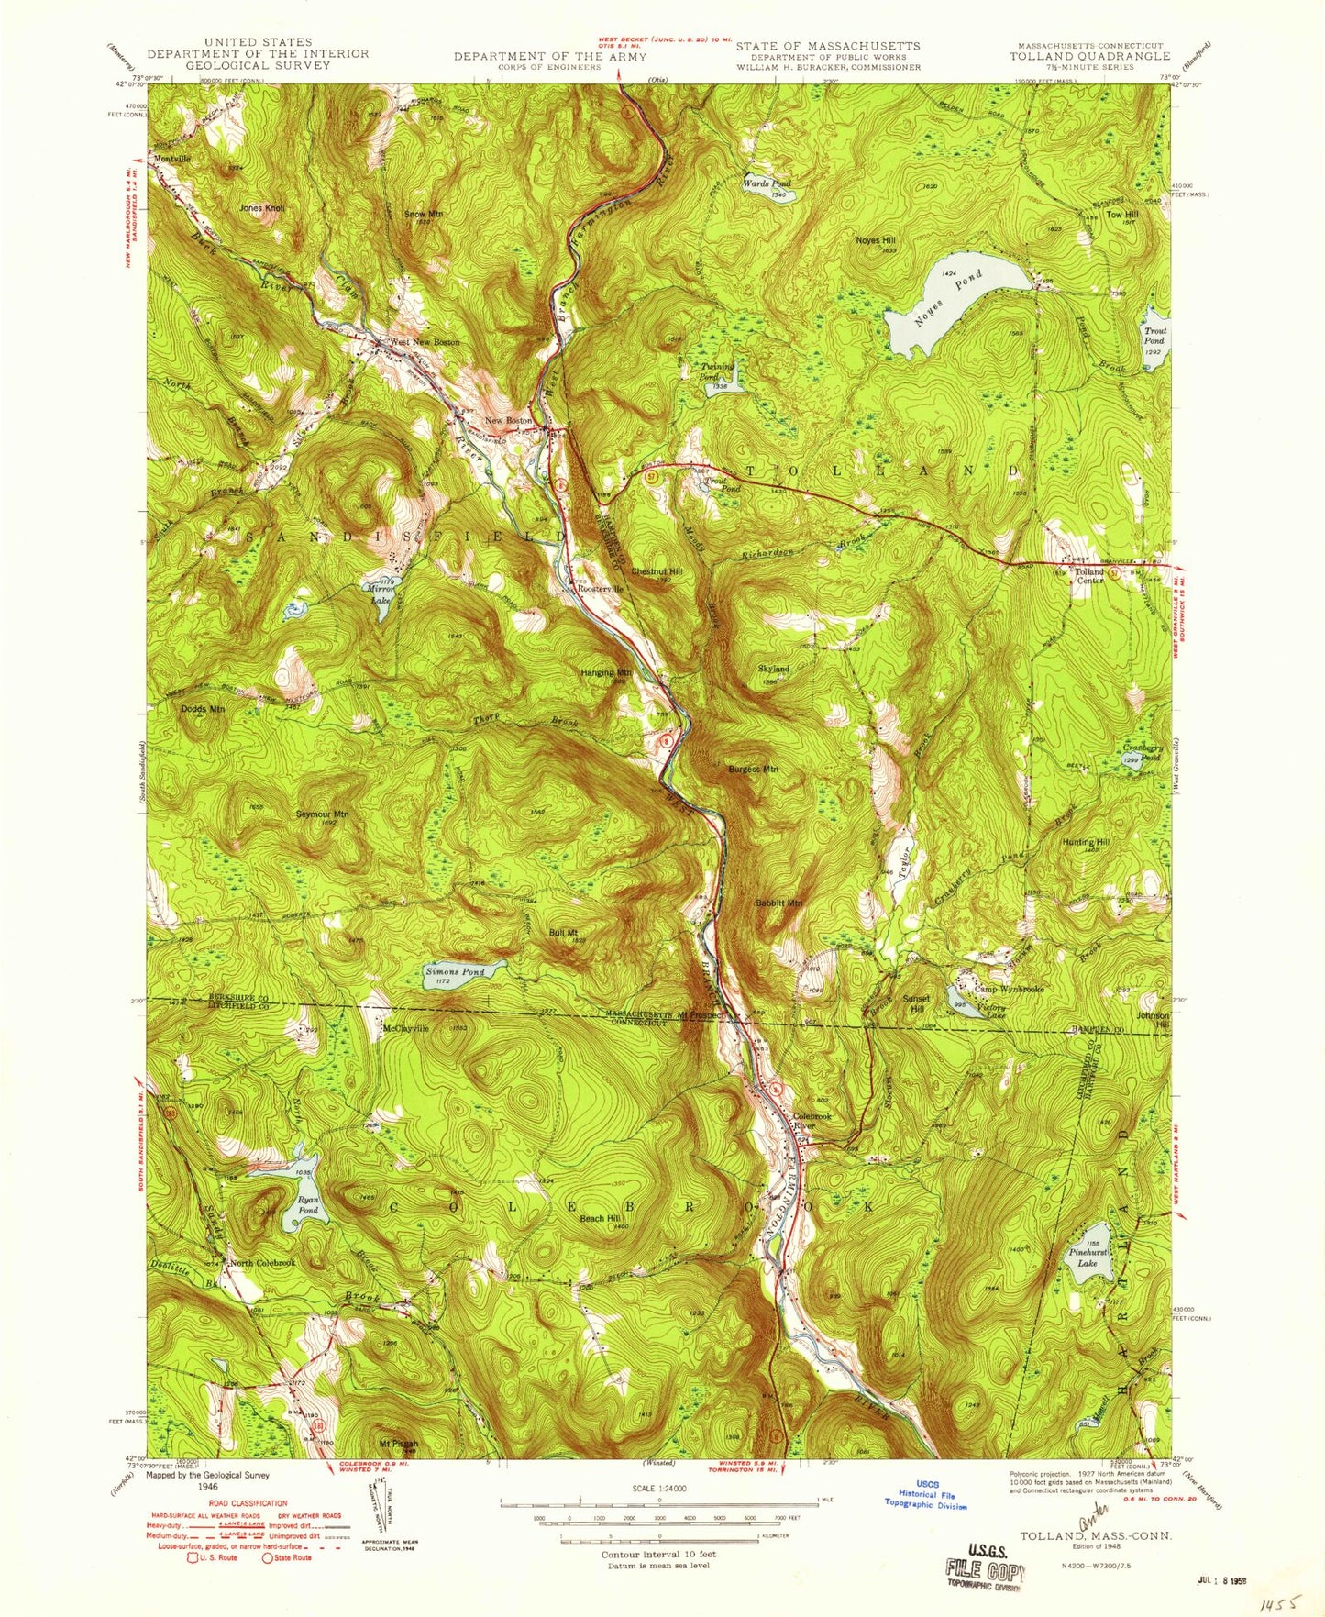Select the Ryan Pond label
coord(308,1204)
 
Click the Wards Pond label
coord(767,183)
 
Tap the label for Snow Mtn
coord(424,214)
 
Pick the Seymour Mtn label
coord(322,814)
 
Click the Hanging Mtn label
coord(606,672)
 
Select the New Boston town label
coord(508,420)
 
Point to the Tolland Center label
coord(1089,575)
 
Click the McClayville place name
coord(406,1028)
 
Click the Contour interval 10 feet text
coord(658,1555)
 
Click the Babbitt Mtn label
coord(778,903)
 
